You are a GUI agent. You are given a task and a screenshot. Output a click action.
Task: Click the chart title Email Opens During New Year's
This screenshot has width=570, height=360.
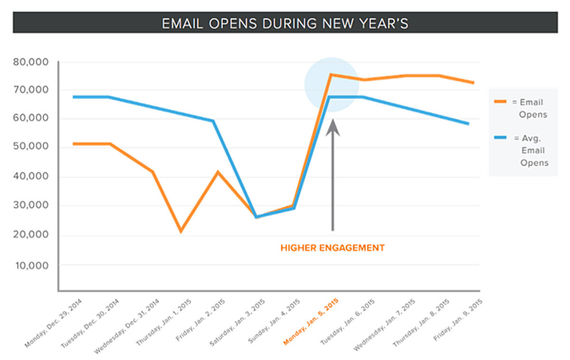point(285,23)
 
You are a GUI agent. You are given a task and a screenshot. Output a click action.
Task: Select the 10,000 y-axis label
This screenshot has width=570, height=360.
point(35,265)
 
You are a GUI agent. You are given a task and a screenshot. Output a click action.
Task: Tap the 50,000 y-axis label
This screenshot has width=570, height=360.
point(35,147)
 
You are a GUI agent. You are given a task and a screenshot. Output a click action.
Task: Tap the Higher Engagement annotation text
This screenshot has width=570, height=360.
point(332,248)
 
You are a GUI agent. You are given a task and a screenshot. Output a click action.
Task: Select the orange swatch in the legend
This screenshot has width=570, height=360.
point(500,101)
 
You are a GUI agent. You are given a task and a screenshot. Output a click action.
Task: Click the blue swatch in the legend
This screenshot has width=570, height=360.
point(500,138)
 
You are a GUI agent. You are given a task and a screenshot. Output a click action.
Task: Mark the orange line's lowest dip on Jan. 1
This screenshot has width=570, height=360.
point(181,231)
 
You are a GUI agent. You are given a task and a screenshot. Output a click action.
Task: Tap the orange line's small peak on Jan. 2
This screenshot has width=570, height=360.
point(218,172)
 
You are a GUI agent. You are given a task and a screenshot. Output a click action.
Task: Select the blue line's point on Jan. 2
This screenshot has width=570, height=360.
point(213,121)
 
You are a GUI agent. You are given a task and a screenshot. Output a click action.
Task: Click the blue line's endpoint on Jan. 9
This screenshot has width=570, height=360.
point(468,124)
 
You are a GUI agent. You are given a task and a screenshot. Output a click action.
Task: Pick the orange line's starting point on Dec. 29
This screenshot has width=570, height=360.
point(74,143)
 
